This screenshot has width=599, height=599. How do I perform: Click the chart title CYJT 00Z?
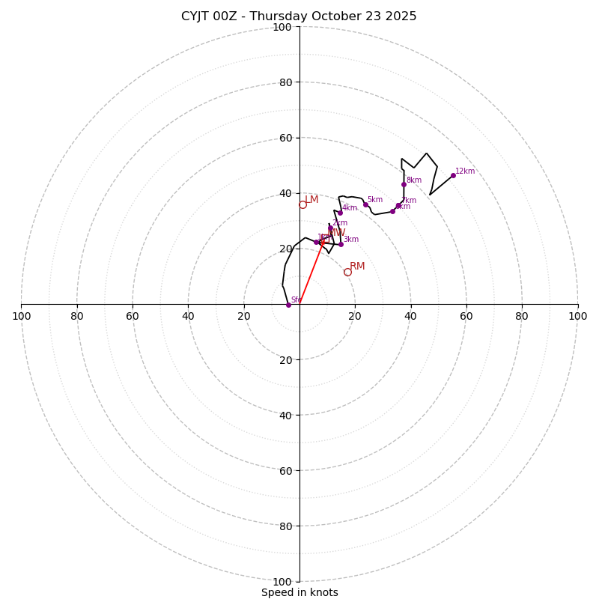[299, 16]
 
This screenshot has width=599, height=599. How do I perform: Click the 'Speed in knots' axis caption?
[299, 592]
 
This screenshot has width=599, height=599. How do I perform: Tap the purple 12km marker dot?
[453, 175]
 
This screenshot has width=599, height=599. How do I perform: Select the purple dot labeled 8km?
[404, 184]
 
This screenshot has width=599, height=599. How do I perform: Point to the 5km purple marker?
[365, 204]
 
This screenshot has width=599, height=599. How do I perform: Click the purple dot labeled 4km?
[340, 213]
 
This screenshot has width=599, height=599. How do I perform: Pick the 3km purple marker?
[341, 244]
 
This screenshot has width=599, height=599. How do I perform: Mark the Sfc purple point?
[288, 305]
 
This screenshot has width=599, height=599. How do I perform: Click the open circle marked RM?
[347, 272]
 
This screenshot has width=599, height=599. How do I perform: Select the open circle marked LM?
[302, 204]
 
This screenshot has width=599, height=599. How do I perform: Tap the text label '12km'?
[465, 171]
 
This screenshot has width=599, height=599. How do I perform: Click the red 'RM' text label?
[357, 267]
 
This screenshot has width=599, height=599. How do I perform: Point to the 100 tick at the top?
[282, 28]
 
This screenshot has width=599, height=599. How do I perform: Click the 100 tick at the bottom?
[282, 582]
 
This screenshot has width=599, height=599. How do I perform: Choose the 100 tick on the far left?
[22, 316]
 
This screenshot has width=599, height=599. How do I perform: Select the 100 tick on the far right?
[577, 316]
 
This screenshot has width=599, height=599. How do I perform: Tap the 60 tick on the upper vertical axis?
[285, 139]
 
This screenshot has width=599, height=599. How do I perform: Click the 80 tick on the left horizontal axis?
[77, 316]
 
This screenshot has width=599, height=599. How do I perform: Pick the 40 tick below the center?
[285, 416]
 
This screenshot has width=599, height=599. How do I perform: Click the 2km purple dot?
[330, 228]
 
